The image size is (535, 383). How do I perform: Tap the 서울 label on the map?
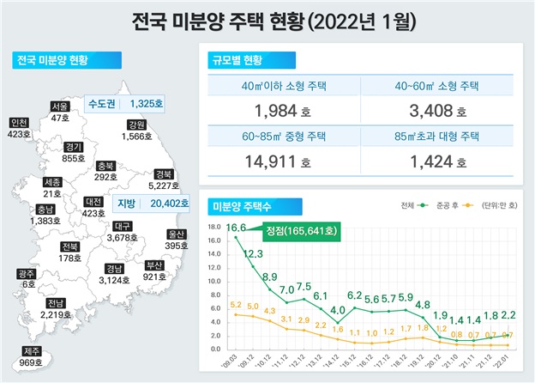59,106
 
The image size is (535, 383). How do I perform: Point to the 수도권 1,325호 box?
128,104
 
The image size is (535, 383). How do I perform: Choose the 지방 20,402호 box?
141,204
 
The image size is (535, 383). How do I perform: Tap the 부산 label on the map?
154,265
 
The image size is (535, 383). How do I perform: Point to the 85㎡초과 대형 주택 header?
435,136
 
